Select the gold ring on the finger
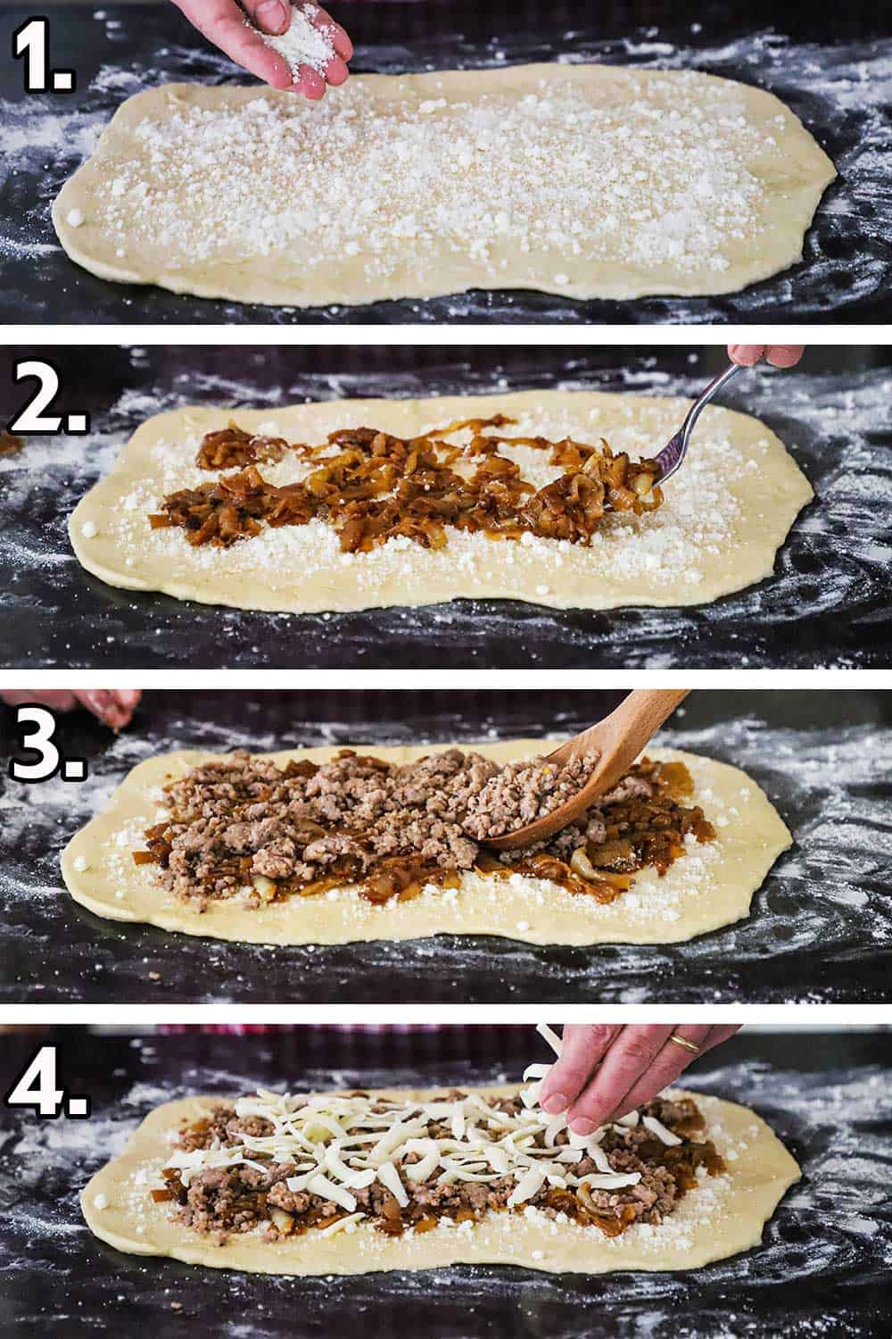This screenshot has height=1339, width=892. (x=685, y=1043)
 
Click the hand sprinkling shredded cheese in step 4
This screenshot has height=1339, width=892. (x=624, y=1071)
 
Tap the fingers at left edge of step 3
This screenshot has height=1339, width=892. (x=107, y=705)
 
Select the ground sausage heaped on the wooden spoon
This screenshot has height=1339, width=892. (x=535, y=786)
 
